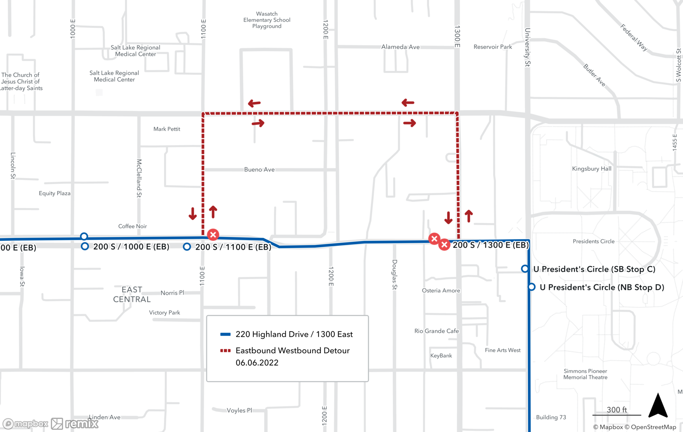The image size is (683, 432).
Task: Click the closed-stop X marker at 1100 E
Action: (213, 235)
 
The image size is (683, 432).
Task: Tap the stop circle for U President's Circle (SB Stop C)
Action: (525, 269)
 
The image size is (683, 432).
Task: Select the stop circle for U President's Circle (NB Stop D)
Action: (531, 287)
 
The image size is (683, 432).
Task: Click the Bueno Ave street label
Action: (259, 169)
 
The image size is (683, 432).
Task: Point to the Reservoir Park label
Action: (492, 47)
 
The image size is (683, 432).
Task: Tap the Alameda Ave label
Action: (400, 47)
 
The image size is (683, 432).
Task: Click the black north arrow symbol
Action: (658, 406)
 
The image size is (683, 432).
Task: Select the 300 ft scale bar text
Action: (617, 409)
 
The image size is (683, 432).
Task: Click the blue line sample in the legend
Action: (225, 334)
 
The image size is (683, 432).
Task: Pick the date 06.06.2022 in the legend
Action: (257, 363)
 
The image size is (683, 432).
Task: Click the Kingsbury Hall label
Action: (591, 169)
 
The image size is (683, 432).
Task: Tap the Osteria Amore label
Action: (441, 291)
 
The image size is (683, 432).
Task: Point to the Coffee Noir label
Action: (133, 226)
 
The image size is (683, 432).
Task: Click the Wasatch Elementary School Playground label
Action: (267, 20)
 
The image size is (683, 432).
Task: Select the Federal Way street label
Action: (634, 37)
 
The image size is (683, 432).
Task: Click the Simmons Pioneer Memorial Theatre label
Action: (585, 374)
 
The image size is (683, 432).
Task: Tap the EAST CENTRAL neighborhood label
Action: (132, 294)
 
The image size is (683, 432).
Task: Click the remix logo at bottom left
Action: (75, 424)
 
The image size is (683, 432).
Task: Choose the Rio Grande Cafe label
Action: (436, 331)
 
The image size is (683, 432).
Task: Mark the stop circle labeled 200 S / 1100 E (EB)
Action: (187, 247)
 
